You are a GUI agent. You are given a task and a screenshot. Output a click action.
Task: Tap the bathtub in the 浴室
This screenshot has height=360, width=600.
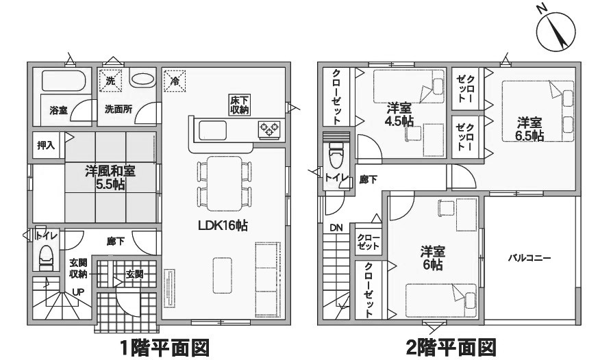click(63, 80)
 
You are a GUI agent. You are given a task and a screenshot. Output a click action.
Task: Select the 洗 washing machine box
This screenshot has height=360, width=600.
click(110, 81)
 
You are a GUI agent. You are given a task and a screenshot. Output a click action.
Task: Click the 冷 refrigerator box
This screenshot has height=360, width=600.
click(175, 81)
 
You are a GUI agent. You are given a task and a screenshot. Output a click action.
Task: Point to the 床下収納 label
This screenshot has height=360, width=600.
click(240, 105)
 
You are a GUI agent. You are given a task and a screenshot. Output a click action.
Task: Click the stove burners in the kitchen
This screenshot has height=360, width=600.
click(269, 129)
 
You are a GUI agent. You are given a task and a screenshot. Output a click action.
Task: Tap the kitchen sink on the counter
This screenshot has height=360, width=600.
click(212, 130)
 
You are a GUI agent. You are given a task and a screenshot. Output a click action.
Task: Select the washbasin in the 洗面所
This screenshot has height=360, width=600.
click(142, 79)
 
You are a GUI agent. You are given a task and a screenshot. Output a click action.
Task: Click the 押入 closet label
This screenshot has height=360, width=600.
click(46, 145)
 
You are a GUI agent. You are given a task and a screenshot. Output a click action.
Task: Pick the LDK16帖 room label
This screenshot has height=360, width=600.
click(223, 225)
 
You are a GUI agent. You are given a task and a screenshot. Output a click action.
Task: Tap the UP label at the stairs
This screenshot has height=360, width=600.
click(79, 292)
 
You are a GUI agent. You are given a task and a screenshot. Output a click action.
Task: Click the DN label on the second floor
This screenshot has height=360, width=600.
click(336, 228)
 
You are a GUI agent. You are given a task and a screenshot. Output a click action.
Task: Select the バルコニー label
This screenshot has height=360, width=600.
click(529, 258)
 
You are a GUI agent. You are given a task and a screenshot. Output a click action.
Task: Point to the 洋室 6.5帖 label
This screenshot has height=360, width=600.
click(530, 129)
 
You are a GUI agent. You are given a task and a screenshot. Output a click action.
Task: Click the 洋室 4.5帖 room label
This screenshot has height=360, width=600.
click(399, 114)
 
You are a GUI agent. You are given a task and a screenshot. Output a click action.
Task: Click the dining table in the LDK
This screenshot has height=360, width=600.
click(224, 183)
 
